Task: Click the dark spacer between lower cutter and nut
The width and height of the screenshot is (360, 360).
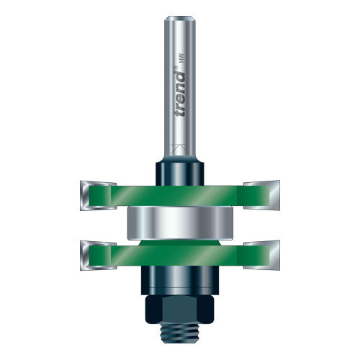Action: tap(180, 277)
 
